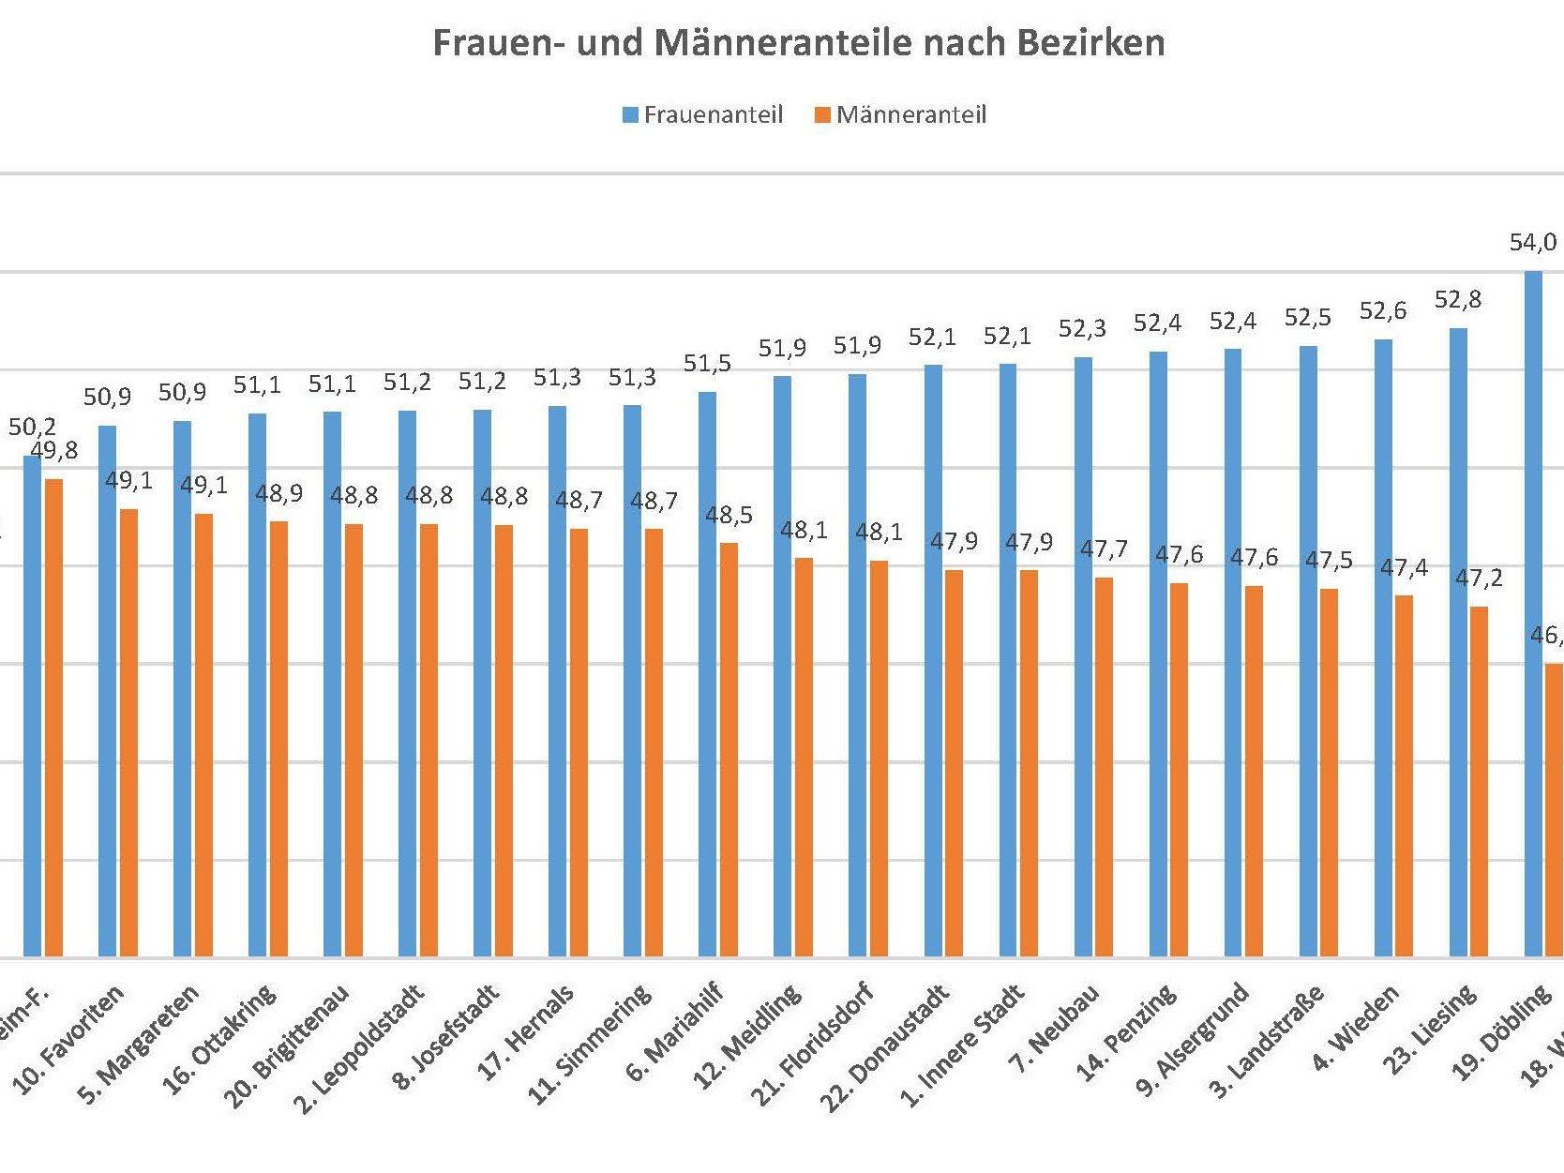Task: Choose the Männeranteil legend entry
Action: [x=901, y=115]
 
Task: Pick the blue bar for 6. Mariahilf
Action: [x=707, y=675]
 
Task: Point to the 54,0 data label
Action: [x=1532, y=243]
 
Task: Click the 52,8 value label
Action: [x=1457, y=300]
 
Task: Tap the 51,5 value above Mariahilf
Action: [x=707, y=364]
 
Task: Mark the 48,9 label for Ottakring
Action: [x=278, y=493]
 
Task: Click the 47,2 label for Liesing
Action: [x=1479, y=579]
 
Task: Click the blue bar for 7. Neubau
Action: [x=1083, y=657]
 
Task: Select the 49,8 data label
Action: [x=54, y=451]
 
